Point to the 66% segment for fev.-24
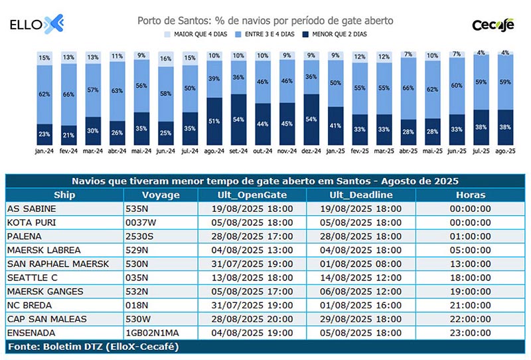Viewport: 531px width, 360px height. (x=69, y=94)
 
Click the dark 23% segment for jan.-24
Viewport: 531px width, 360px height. (x=44, y=134)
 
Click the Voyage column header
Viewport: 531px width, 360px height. (x=161, y=195)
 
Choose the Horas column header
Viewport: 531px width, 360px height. (x=471, y=195)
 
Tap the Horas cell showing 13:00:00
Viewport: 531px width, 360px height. (x=471, y=264)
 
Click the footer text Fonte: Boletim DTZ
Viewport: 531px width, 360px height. (x=93, y=346)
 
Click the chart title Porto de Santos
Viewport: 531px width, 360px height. (x=265, y=21)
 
